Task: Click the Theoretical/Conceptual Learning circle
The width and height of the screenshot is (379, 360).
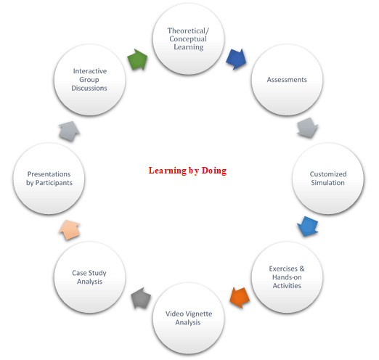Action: (x=188, y=38)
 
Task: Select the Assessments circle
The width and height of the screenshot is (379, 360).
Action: (x=287, y=80)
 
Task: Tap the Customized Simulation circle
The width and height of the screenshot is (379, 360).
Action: (x=328, y=179)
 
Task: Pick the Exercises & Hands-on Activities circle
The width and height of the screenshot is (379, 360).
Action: (x=287, y=277)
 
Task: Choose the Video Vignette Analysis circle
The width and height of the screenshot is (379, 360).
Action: (x=188, y=319)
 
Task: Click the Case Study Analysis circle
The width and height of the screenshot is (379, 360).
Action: (x=89, y=277)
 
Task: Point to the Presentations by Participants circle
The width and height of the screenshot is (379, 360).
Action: (x=49, y=179)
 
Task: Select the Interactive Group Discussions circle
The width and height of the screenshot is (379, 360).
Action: (x=89, y=80)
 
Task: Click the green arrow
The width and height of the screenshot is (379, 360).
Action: (x=138, y=60)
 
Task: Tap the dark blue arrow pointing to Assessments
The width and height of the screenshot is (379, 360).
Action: (x=236, y=59)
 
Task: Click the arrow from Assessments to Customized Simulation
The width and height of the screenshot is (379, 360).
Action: (x=308, y=128)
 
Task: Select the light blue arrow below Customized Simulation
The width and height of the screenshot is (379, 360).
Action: (x=308, y=226)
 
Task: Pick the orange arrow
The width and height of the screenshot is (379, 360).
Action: (x=240, y=298)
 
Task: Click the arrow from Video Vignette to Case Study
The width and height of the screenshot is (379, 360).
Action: (x=141, y=298)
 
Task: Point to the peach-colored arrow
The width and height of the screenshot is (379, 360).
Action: (x=70, y=230)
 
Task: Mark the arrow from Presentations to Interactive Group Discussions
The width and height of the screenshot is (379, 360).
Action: (x=70, y=131)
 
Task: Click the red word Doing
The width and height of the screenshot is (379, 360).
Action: (x=214, y=171)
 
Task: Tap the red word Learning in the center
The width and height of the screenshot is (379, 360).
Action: (x=168, y=171)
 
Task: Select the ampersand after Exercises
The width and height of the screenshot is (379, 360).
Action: (x=302, y=269)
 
